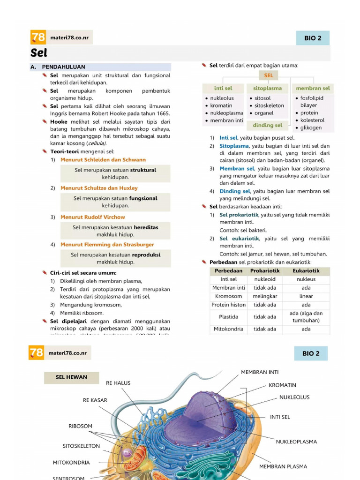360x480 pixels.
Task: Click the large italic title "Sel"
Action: coord(39,53)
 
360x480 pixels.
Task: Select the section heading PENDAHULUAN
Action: coord(63,67)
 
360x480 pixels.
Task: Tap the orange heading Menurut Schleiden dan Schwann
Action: coord(103,160)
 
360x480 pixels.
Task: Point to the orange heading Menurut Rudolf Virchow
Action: coord(92,217)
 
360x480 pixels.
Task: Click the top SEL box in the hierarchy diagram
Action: coord(268,75)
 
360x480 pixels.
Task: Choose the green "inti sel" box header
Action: coord(223,88)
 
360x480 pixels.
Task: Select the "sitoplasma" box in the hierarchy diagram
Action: coord(267,88)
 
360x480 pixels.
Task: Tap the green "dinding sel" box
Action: coord(267,125)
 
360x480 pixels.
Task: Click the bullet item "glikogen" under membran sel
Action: coord(311,127)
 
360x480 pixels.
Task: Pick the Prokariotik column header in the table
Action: coord(265,271)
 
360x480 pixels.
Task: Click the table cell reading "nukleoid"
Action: coord(265,279)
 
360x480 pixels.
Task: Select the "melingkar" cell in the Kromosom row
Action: coord(265,296)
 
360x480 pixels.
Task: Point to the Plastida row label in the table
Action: coord(228,317)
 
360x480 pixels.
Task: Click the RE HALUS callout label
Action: coord(118,383)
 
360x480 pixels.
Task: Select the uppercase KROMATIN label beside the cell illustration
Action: coord(282,385)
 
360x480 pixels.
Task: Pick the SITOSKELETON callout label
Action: coord(81,446)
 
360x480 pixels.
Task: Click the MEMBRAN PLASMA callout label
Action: coord(283,466)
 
